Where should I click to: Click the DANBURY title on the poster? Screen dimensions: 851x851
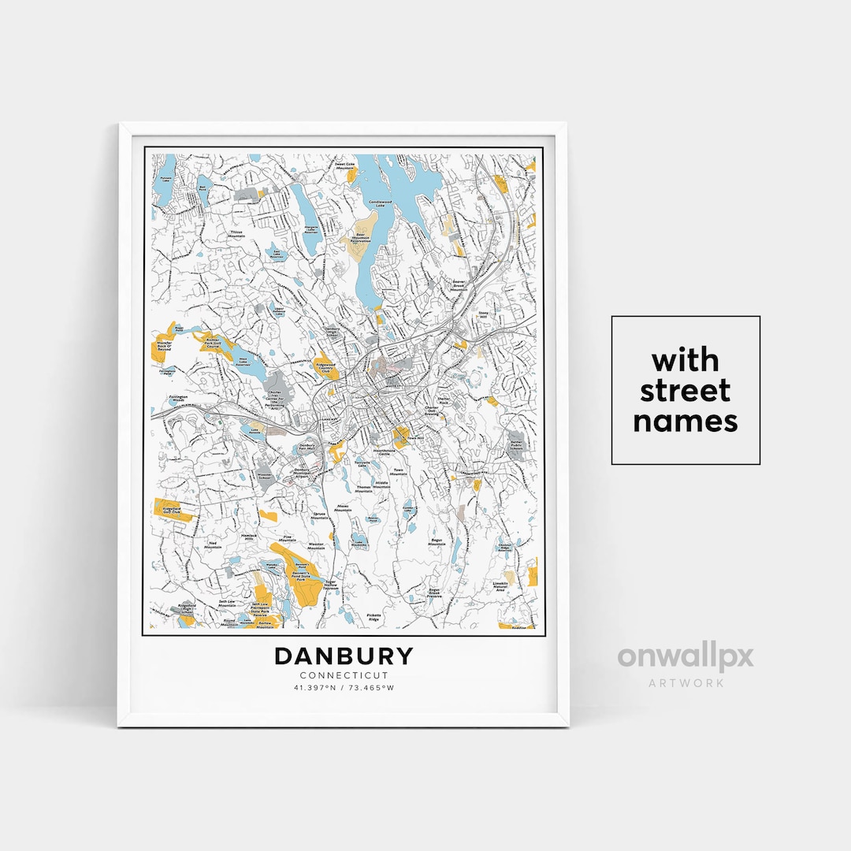tap(344, 656)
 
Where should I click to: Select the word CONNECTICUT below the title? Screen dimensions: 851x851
tap(344, 675)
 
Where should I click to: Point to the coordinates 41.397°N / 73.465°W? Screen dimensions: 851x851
tap(344, 688)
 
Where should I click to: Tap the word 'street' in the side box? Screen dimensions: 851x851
tap(685, 391)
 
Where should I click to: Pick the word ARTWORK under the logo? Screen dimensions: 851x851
tap(686, 682)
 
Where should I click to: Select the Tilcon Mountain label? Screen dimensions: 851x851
tap(236, 234)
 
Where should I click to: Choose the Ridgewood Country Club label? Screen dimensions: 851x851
tap(325, 368)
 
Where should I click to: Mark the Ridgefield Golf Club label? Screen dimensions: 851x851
tap(171, 511)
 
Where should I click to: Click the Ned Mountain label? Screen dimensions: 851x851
tap(213, 544)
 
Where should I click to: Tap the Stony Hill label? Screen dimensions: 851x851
tap(483, 314)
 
